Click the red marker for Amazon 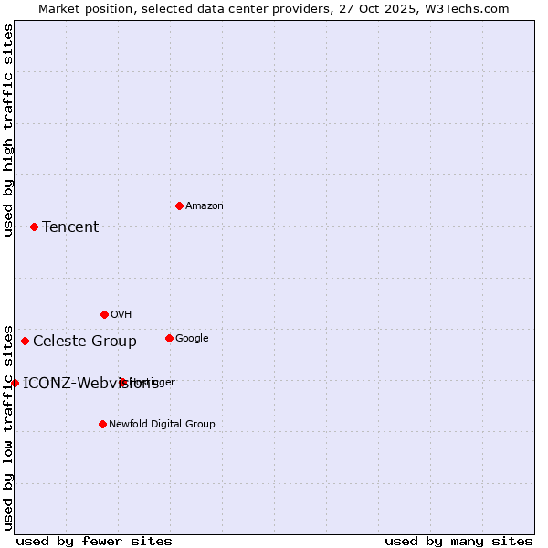pyautogui.click(x=179, y=205)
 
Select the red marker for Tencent pyautogui.click(x=34, y=227)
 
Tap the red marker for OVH pyautogui.click(x=104, y=314)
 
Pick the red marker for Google pyautogui.click(x=169, y=338)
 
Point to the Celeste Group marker pyautogui.click(x=25, y=341)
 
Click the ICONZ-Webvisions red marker pyautogui.click(x=15, y=383)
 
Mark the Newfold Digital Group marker pyautogui.click(x=102, y=424)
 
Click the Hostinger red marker pyautogui.click(x=122, y=382)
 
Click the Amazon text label pyautogui.click(x=205, y=206)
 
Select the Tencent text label pyautogui.click(x=70, y=227)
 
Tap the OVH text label pyautogui.click(x=121, y=315)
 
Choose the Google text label pyautogui.click(x=192, y=339)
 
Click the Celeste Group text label pyautogui.click(x=85, y=342)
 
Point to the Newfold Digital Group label pyautogui.click(x=162, y=425)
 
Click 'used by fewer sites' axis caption pyautogui.click(x=94, y=541)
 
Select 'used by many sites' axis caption pyautogui.click(x=458, y=541)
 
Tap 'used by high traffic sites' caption pyautogui.click(x=8, y=130)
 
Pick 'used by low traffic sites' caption pyautogui.click(x=8, y=427)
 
